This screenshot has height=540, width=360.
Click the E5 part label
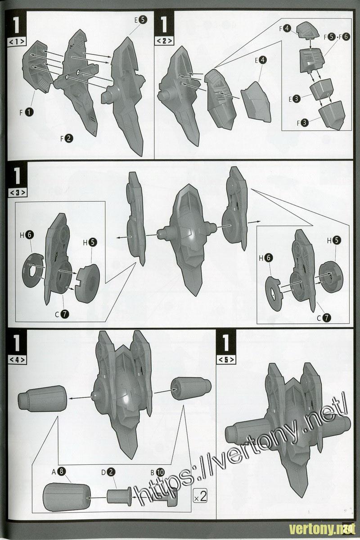(140, 20)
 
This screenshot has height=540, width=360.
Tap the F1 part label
(27, 112)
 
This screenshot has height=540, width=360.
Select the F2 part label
(67, 139)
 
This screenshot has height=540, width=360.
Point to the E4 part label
(261, 60)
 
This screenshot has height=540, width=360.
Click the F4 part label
(285, 29)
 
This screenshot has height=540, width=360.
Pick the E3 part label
(294, 99)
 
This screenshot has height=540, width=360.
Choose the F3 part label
(302, 123)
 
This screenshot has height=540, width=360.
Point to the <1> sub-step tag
(17, 41)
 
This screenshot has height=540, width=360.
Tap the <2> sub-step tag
(164, 41)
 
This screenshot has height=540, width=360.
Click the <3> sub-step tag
(17, 193)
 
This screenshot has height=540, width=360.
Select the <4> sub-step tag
(17, 360)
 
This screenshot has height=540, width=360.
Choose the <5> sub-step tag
(226, 360)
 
